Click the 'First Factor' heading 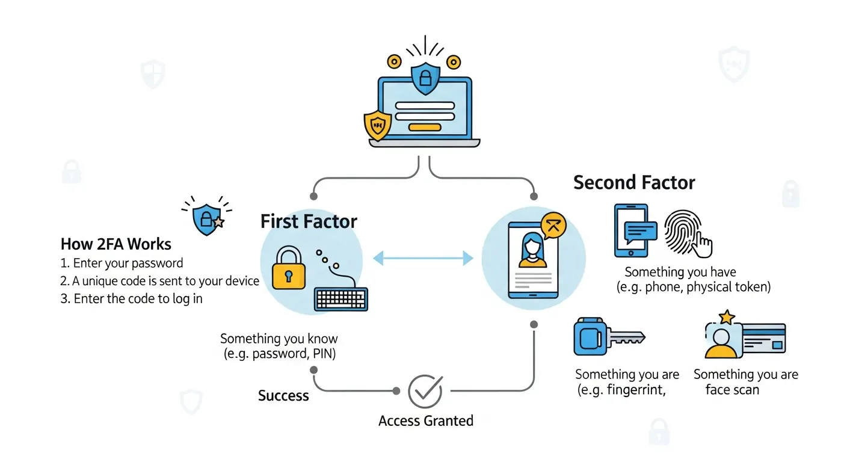309,221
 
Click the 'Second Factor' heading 634,182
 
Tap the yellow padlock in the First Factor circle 288,268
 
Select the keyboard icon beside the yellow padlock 341,298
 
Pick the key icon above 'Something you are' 608,337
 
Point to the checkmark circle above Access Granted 425,392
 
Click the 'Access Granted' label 426,420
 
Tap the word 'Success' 283,396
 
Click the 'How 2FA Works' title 116,244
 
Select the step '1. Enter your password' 122,263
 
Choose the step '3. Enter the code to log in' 131,298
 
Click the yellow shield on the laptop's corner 378,126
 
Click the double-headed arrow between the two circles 423,259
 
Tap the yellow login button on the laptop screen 425,127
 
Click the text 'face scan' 732,390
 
